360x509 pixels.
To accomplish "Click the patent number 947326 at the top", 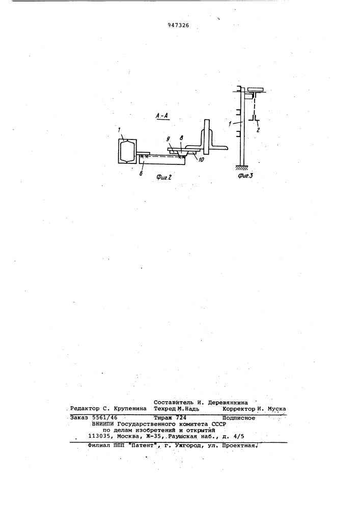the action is click(x=178, y=25).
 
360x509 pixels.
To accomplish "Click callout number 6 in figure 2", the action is click(x=141, y=174).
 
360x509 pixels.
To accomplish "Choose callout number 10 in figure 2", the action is click(x=201, y=159).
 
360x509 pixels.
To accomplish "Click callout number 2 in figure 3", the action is click(x=258, y=130).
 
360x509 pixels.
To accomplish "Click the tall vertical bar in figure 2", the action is click(x=207, y=136).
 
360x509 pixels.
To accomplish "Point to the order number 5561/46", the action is click(x=105, y=418).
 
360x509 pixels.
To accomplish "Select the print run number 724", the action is click(x=180, y=418).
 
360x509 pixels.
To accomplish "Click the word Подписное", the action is click(x=239, y=418).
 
